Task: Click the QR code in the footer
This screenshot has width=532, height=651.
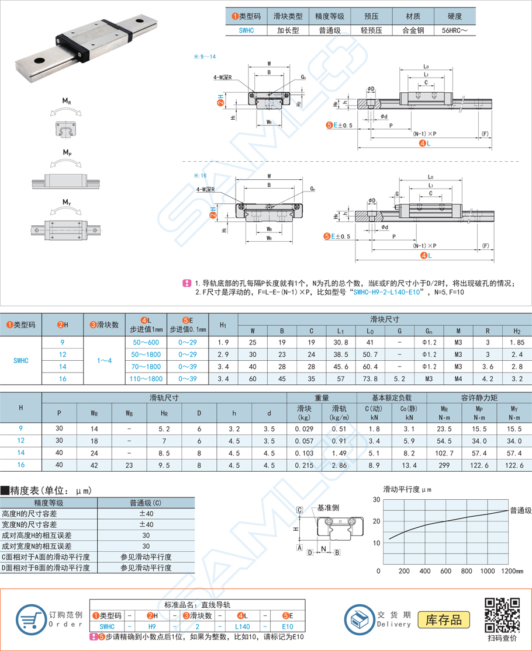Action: coord(503,614)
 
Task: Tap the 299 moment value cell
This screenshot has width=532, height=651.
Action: coord(444,464)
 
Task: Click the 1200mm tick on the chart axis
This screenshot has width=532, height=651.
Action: coord(512,570)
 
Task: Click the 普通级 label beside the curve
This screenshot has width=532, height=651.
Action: coord(520,510)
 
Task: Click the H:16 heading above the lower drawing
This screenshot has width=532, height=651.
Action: coord(201,175)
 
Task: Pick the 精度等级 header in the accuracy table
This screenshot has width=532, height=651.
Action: coord(49,503)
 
